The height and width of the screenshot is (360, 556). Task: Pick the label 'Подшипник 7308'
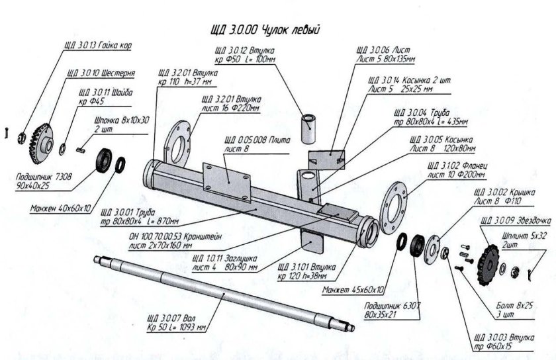[45, 177]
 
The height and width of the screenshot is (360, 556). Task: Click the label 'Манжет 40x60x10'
[61, 208]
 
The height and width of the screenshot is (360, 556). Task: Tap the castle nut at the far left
[22, 138]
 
